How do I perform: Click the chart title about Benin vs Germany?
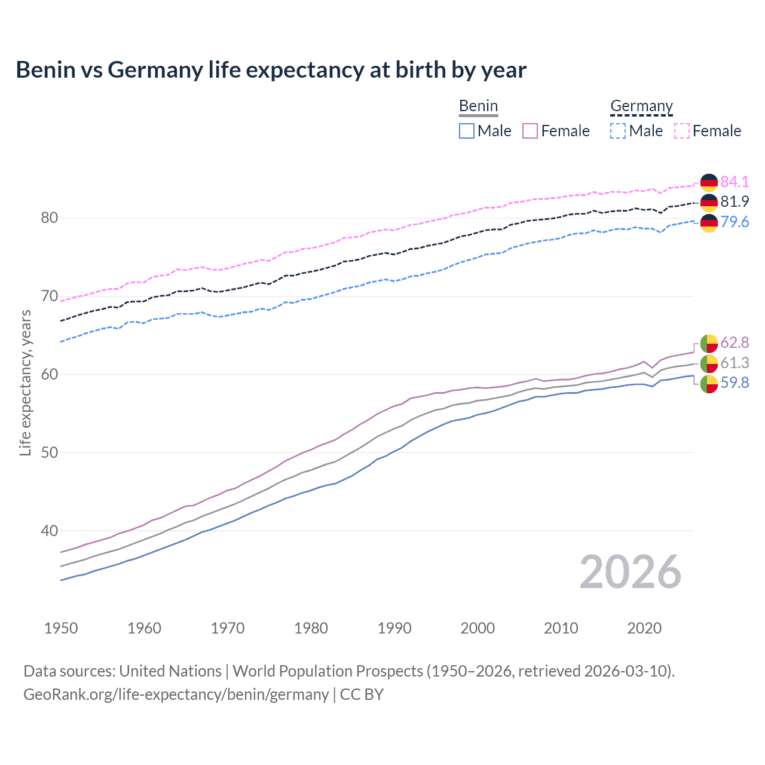271,70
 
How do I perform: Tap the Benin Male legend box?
467,131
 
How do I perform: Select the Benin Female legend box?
530,131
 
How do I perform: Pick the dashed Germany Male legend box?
618,131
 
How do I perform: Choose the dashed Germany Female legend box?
682,131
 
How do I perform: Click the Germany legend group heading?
641,106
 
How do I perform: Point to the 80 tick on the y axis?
50,218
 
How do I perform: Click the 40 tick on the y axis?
50,531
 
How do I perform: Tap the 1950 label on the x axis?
61,628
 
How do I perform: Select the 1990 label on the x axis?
394,628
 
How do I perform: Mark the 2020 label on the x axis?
644,628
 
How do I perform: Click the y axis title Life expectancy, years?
26,382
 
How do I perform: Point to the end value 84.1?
735,182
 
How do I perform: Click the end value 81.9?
735,202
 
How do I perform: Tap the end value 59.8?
735,383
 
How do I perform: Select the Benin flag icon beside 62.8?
709,343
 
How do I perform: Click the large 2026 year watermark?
631,573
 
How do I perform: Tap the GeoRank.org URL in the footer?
176,694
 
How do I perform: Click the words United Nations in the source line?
170,671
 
